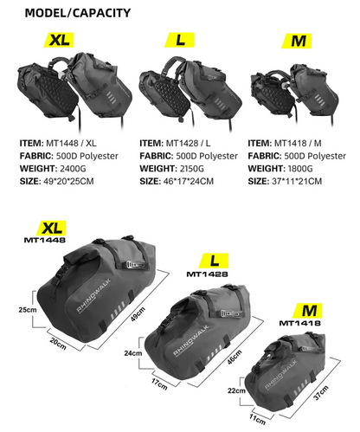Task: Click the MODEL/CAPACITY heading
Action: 78,13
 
